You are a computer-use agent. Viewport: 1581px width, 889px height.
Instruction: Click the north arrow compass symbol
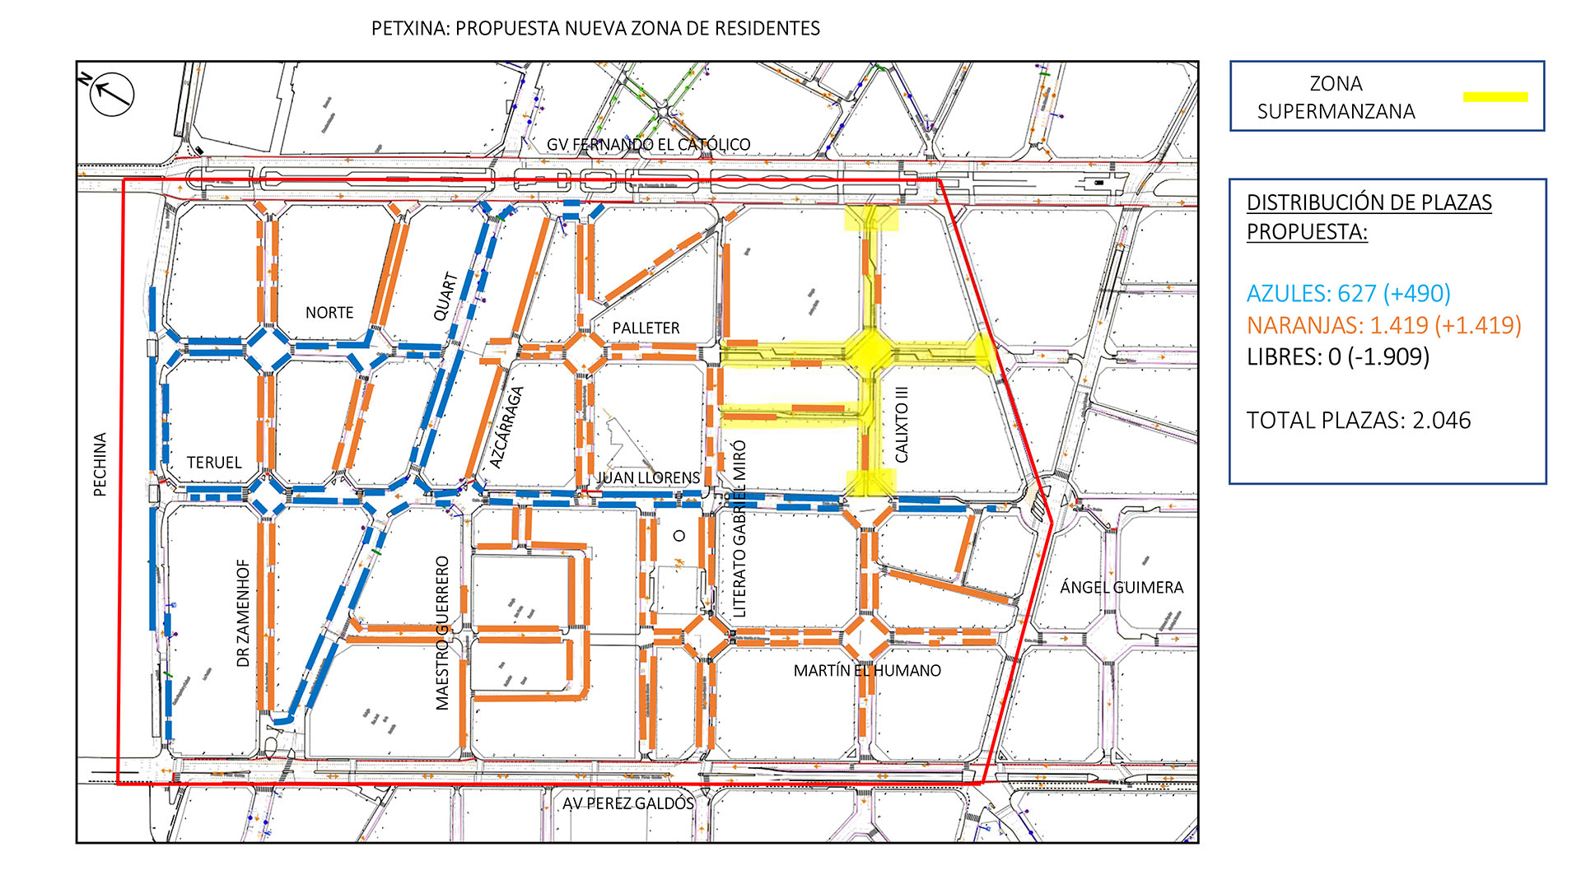pyautogui.click(x=111, y=94)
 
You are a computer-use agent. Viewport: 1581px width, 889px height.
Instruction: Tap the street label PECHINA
pyautogui.click(x=100, y=464)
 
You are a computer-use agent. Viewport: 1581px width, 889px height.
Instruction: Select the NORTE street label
pyautogui.click(x=329, y=313)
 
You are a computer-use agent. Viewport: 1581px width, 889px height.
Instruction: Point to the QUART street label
pyautogui.click(x=445, y=296)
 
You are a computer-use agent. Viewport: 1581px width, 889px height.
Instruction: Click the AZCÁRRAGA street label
pyautogui.click(x=506, y=428)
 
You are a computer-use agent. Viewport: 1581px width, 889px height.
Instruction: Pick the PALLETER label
pyautogui.click(x=646, y=328)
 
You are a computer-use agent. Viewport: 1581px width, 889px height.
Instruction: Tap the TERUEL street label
pyautogui.click(x=214, y=463)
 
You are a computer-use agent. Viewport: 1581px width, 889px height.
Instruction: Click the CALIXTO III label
pyautogui.click(x=902, y=425)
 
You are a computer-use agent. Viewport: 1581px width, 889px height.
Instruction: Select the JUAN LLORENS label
pyautogui.click(x=649, y=477)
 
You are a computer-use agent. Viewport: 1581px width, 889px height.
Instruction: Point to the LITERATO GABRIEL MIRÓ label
pyautogui.click(x=739, y=528)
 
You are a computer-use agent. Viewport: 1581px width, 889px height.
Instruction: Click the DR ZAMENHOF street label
pyautogui.click(x=243, y=613)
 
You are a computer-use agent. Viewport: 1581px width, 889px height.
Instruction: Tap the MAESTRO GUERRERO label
pyautogui.click(x=442, y=632)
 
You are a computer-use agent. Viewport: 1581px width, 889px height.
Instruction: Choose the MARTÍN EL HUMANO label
pyautogui.click(x=867, y=671)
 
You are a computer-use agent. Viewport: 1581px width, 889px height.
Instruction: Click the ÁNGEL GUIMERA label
pyautogui.click(x=1122, y=587)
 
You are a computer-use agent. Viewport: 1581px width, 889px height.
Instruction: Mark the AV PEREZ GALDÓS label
pyautogui.click(x=628, y=803)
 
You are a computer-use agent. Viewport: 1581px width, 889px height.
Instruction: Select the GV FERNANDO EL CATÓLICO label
pyautogui.click(x=648, y=145)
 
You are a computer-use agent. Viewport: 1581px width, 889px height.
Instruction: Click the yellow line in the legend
pyautogui.click(x=1495, y=97)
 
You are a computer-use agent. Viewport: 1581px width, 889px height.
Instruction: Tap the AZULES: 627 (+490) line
pyautogui.click(x=1348, y=293)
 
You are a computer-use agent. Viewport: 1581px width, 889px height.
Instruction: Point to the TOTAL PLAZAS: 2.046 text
pyautogui.click(x=1358, y=421)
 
